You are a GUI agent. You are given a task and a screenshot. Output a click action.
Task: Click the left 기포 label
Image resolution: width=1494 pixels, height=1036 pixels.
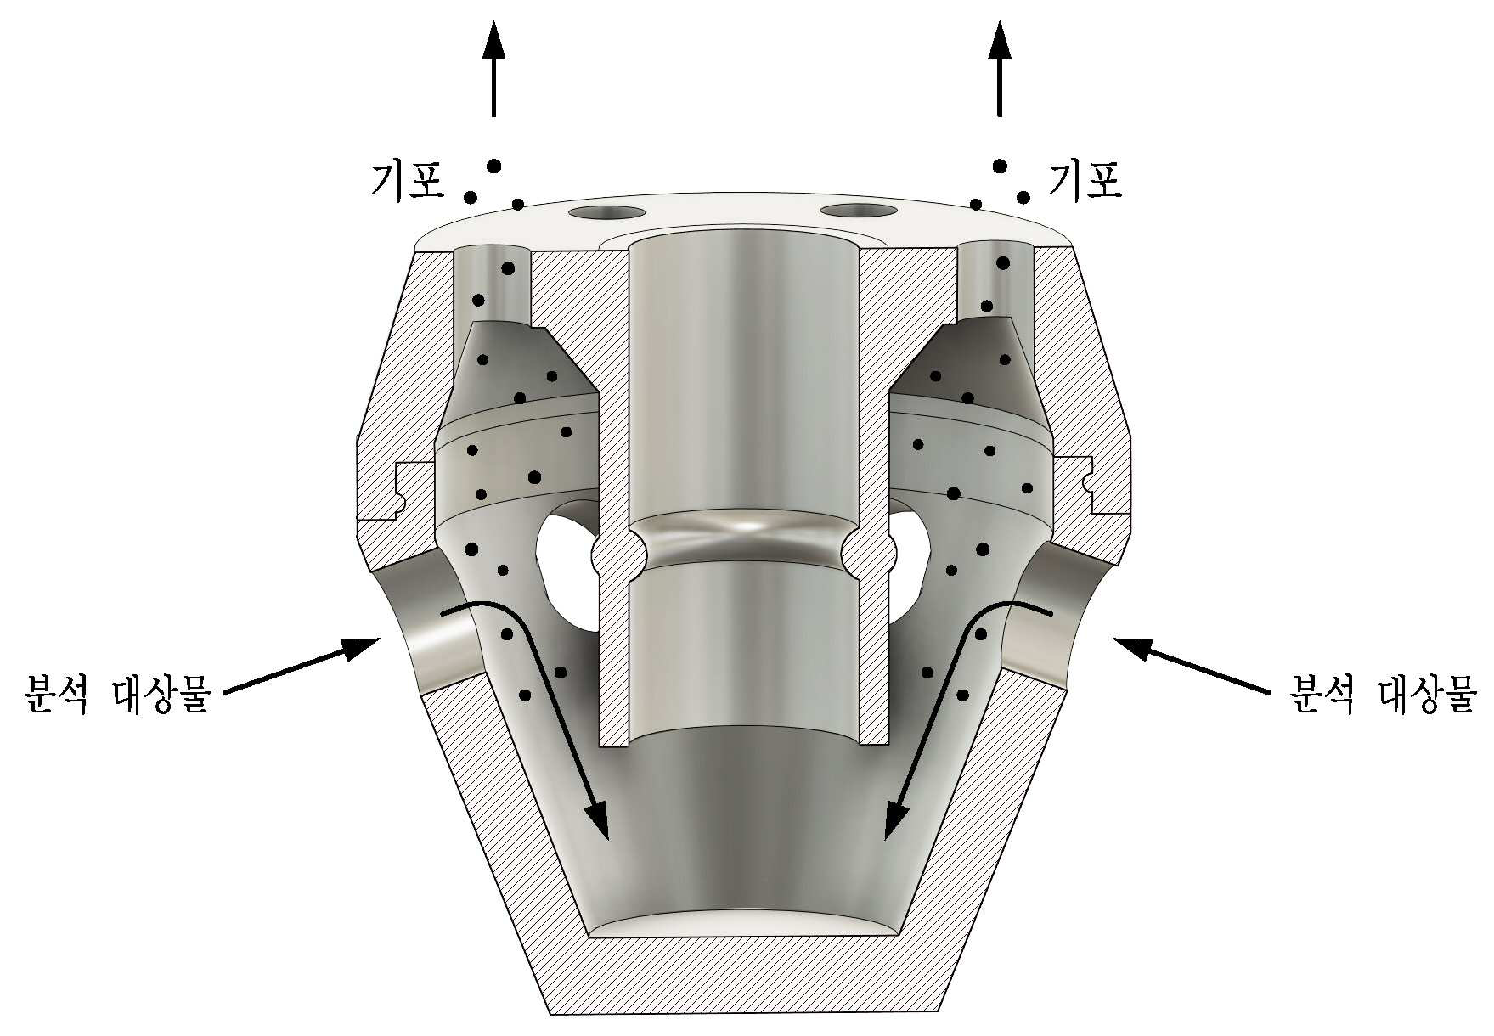(407, 180)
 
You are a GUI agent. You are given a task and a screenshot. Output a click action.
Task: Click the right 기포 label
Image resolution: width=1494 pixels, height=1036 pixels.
(1085, 180)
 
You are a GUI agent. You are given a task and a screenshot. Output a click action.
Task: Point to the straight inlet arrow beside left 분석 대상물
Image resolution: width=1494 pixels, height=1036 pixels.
(301, 666)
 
